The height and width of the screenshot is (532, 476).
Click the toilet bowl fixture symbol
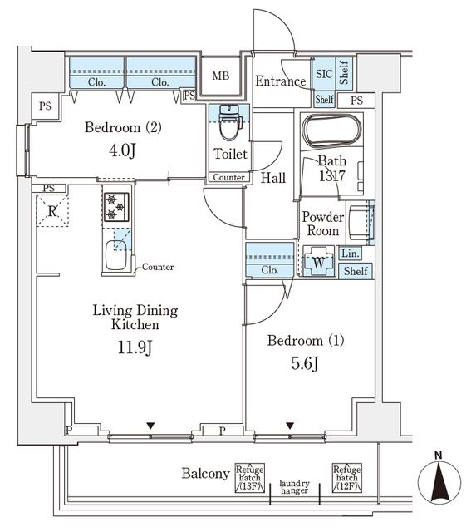(x=231, y=122)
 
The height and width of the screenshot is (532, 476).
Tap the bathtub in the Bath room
(x=332, y=131)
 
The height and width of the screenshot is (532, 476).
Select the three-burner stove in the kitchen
(x=116, y=207)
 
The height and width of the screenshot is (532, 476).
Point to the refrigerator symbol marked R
(x=52, y=211)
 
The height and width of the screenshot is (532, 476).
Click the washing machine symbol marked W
(x=318, y=262)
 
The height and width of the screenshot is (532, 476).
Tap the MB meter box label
(x=221, y=76)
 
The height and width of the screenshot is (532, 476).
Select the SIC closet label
(x=324, y=74)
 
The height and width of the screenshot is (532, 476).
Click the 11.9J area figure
(x=135, y=347)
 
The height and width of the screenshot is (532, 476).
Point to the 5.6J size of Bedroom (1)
(x=305, y=364)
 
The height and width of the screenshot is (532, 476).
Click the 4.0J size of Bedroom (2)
(x=122, y=150)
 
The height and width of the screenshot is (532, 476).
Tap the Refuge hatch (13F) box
(x=250, y=478)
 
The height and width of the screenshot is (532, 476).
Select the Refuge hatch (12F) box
(x=347, y=478)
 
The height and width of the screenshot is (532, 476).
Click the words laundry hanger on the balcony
(x=294, y=486)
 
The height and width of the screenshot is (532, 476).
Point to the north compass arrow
(x=439, y=483)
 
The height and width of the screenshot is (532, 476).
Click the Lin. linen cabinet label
(x=351, y=253)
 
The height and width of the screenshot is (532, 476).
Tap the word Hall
(x=273, y=178)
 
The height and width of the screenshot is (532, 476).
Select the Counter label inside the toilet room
(x=228, y=177)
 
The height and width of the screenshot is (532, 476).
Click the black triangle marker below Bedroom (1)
(x=290, y=426)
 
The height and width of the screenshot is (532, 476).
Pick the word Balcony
(x=205, y=474)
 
